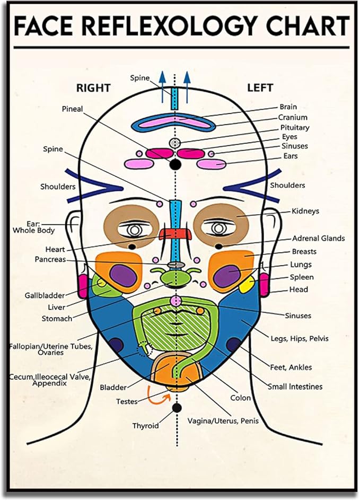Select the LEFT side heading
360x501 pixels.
(260, 87)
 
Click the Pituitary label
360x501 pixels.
(295, 128)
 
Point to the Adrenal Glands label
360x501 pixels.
(319, 239)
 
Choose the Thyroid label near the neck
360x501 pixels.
(145, 425)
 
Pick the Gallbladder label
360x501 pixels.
(45, 295)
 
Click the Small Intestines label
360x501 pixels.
(295, 386)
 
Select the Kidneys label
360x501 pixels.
(305, 211)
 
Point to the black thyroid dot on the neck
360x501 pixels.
(177, 407)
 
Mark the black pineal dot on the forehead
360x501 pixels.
(175, 165)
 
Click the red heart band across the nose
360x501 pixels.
(175, 234)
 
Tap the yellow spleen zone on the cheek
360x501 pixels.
(246, 285)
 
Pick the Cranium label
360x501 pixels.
(293, 118)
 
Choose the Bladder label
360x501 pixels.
(113, 388)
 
